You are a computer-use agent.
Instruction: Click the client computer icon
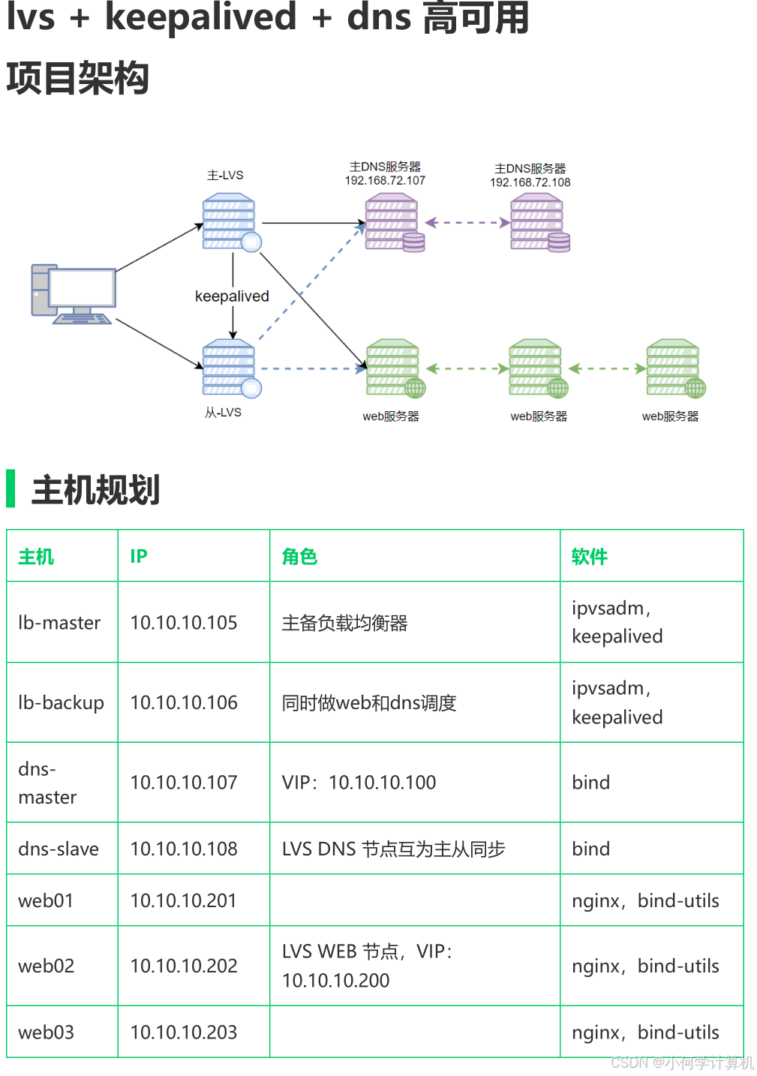coord(74,294)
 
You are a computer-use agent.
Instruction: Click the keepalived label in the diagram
coord(232,296)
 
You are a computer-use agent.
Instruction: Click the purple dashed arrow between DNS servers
coord(467,222)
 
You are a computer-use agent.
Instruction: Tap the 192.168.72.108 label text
coord(530,182)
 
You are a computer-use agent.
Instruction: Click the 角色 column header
coord(299,557)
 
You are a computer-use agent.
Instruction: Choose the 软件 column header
coord(589,557)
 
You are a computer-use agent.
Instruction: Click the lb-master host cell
coord(59,623)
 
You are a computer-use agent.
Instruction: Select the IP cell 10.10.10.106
coord(184,703)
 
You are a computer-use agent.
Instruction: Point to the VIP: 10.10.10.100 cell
coord(359,783)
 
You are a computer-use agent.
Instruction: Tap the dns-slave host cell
coord(59,849)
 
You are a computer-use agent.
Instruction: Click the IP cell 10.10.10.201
coord(183,900)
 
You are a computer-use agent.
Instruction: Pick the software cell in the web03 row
coord(645,1032)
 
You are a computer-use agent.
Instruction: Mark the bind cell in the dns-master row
coord(590,783)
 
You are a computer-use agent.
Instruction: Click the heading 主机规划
coord(95,490)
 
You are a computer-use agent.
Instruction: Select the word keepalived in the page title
coord(200,17)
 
